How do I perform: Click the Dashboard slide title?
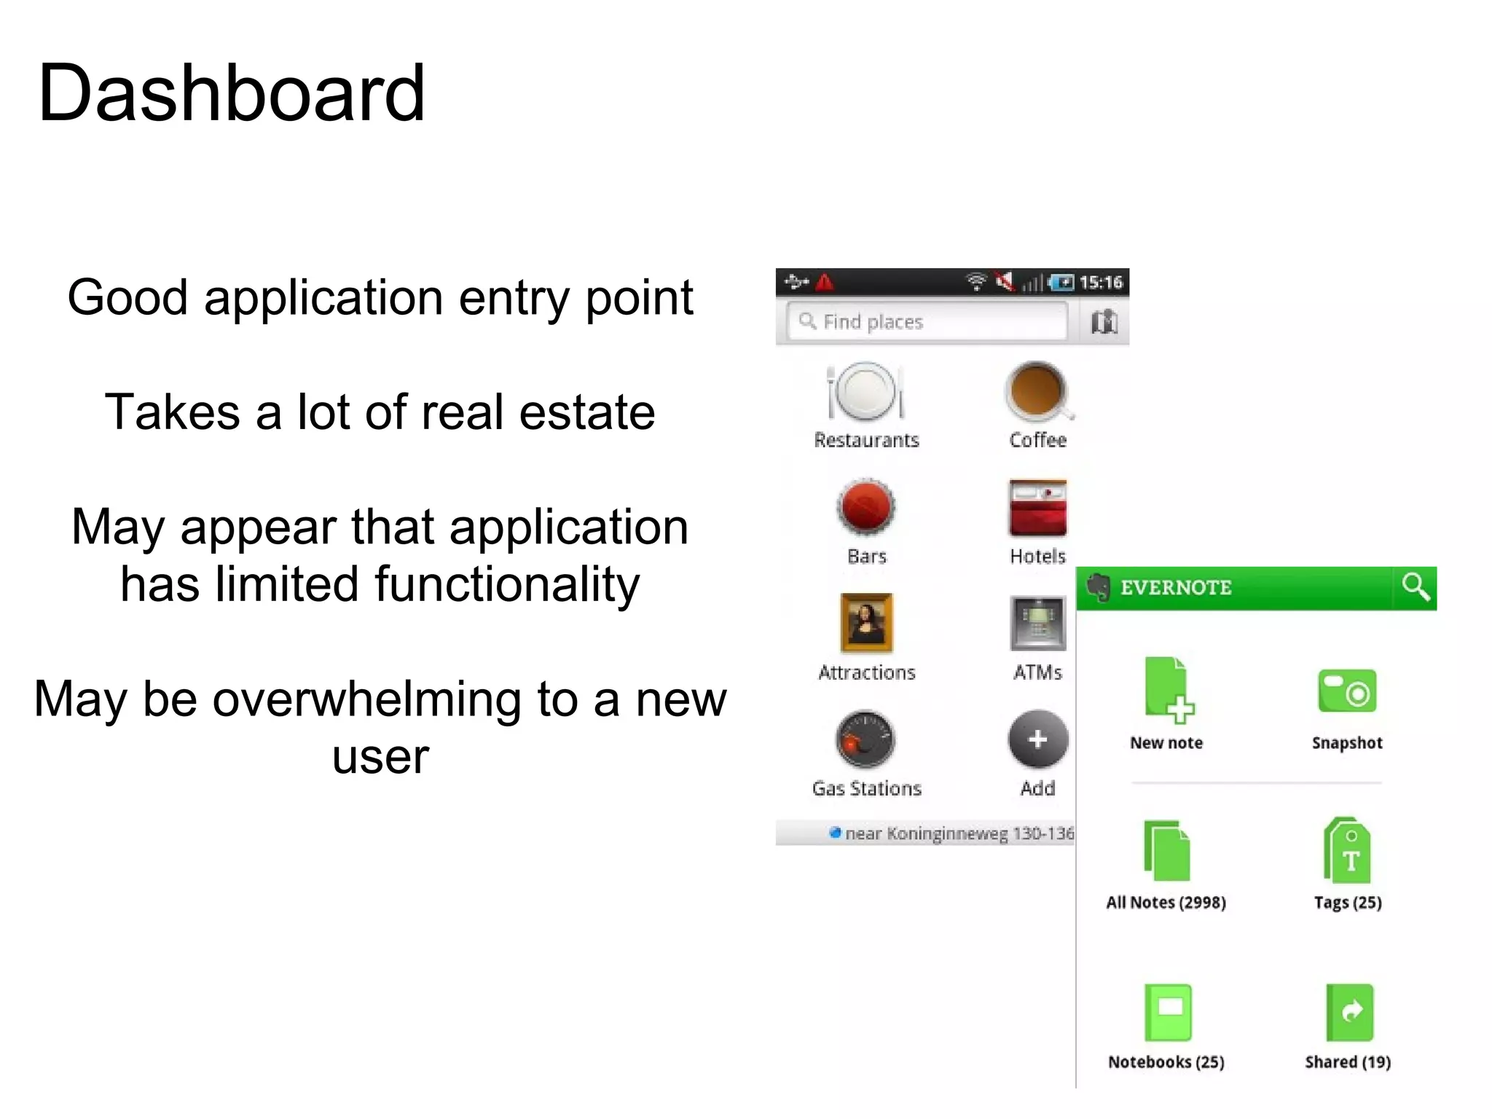click(x=231, y=93)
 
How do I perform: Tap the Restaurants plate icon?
click(x=865, y=391)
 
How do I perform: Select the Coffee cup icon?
click(x=1036, y=390)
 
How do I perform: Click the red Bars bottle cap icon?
click(x=865, y=507)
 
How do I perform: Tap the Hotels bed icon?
click(x=1037, y=507)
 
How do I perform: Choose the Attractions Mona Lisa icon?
click(x=866, y=623)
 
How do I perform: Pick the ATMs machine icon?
click(x=1037, y=623)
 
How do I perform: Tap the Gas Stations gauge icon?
click(x=865, y=739)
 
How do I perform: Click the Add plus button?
click(x=1037, y=739)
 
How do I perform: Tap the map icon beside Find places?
click(x=1104, y=321)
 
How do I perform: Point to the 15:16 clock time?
click(x=1100, y=283)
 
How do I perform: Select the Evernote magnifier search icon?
click(x=1415, y=587)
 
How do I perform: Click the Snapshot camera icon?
click(x=1347, y=691)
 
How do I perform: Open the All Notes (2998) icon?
click(x=1166, y=850)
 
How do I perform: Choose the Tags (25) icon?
click(x=1347, y=850)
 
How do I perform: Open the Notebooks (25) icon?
click(x=1167, y=1012)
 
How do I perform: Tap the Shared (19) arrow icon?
click(x=1349, y=1012)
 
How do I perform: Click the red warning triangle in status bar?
click(x=825, y=282)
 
